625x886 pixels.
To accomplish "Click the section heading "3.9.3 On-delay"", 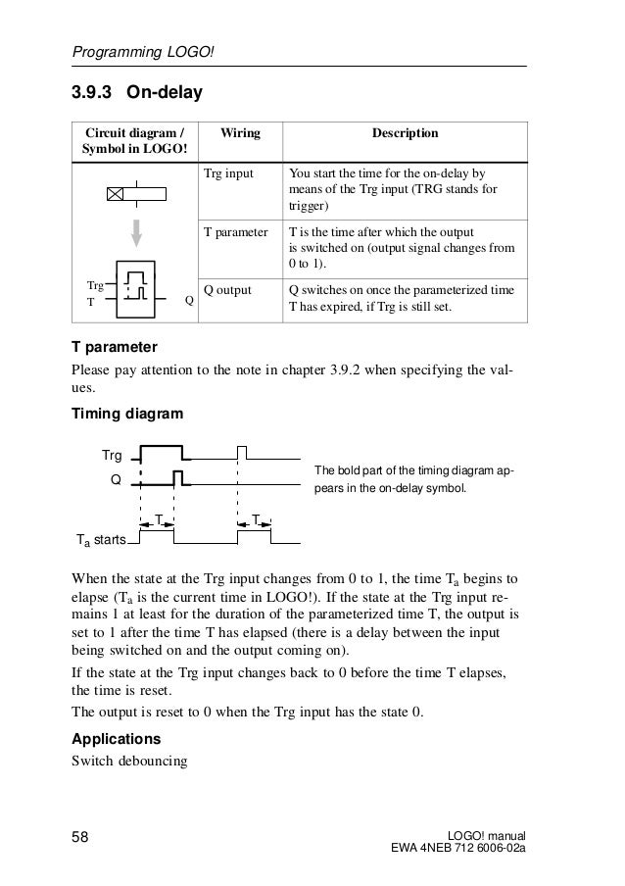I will point(135,94).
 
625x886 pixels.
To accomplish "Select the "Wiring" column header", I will point(234,133).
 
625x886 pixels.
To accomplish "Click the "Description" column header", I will point(403,133).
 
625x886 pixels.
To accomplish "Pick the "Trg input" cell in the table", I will point(227,173).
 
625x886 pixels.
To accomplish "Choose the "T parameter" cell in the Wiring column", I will point(235,233).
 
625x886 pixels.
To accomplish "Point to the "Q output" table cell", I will point(227,290).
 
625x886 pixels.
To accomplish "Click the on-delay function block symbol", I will point(142,290).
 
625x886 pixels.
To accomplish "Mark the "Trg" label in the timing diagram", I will point(112,456).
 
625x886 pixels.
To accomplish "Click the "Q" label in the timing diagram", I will point(116,481).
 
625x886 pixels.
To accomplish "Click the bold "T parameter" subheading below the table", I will point(114,348).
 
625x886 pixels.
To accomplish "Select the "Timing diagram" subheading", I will point(127,414).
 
